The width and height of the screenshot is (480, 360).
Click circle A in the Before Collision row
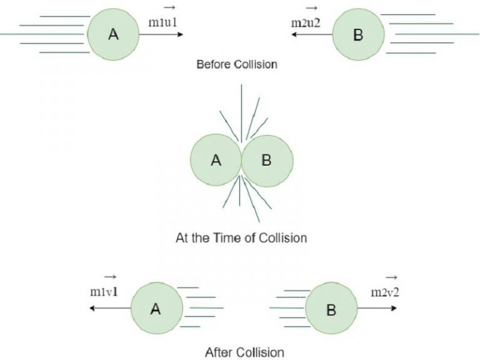point(113,35)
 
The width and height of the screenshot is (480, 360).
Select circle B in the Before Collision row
point(357,35)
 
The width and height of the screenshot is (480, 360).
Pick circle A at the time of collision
point(216,161)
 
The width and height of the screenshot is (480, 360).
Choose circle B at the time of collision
point(266,161)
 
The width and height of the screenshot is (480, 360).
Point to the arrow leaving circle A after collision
point(109,309)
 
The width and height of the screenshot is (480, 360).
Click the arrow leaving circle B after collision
point(378,309)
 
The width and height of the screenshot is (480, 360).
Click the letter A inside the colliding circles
point(216,161)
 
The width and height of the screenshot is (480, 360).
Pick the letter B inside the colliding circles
point(266,161)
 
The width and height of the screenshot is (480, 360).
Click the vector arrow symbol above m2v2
point(391,277)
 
